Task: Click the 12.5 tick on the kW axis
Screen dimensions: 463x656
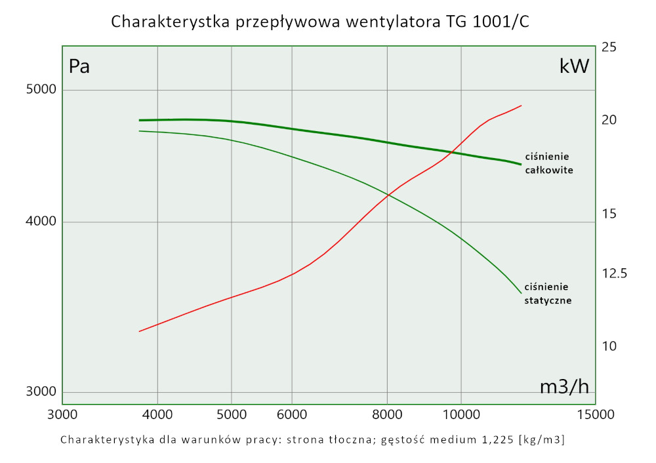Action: pyautogui.click(x=614, y=273)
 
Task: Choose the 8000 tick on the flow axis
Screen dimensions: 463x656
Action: pyautogui.click(x=387, y=414)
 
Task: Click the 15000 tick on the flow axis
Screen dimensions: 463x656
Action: pyautogui.click(x=595, y=414)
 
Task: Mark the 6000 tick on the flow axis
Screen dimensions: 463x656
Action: pyautogui.click(x=292, y=414)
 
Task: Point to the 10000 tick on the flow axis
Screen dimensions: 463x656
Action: pyautogui.click(x=461, y=414)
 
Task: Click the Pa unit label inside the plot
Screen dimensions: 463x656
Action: pyautogui.click(x=79, y=66)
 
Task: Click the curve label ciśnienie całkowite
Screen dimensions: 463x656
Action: pyautogui.click(x=549, y=163)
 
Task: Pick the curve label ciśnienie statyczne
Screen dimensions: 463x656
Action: pyautogui.click(x=548, y=294)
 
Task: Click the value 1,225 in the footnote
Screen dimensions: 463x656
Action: pyautogui.click(x=496, y=439)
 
